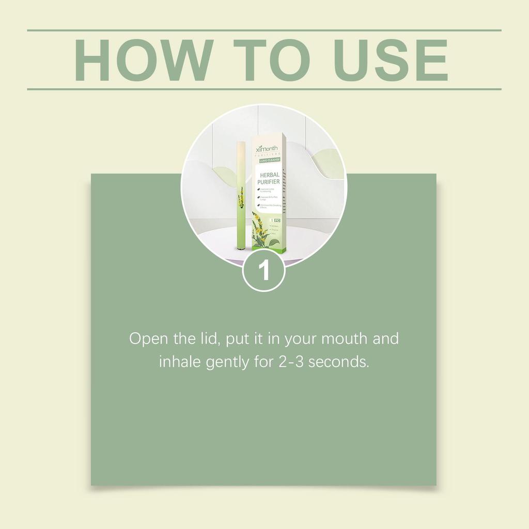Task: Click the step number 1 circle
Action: [x=264, y=271]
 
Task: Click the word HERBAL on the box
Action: [x=269, y=175]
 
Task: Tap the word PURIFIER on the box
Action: [x=269, y=182]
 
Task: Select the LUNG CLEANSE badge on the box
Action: [x=269, y=161]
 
